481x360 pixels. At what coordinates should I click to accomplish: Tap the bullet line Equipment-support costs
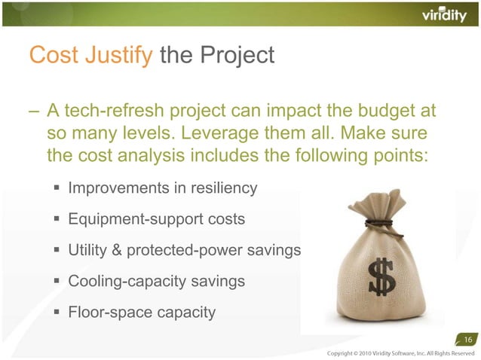point(156,220)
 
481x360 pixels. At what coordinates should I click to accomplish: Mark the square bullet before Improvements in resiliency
point(57,188)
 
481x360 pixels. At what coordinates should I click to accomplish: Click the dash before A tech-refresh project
point(34,112)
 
